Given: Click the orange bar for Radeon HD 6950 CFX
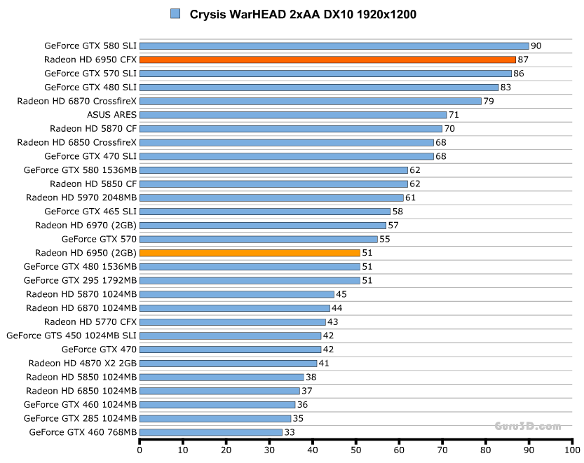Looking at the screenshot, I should click(327, 60).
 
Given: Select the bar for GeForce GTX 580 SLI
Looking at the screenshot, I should click(334, 46).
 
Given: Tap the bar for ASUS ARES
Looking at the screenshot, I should click(293, 115).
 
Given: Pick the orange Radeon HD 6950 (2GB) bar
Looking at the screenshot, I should click(250, 252).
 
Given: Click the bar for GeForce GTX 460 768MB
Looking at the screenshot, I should click(211, 432).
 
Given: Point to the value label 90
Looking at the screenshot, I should click(536, 46).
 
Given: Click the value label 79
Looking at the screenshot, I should click(489, 101).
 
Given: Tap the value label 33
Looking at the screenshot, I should click(290, 432).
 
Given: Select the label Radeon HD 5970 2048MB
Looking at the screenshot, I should click(81, 198).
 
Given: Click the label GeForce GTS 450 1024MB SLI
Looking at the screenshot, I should click(72, 336).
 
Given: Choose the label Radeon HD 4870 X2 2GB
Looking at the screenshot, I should click(83, 363).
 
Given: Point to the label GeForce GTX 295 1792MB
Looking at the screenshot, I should click(80, 280).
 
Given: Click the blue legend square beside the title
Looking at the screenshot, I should click(175, 14).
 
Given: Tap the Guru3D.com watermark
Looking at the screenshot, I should click(527, 425).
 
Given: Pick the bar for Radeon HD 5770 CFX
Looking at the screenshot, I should click(233, 322).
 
